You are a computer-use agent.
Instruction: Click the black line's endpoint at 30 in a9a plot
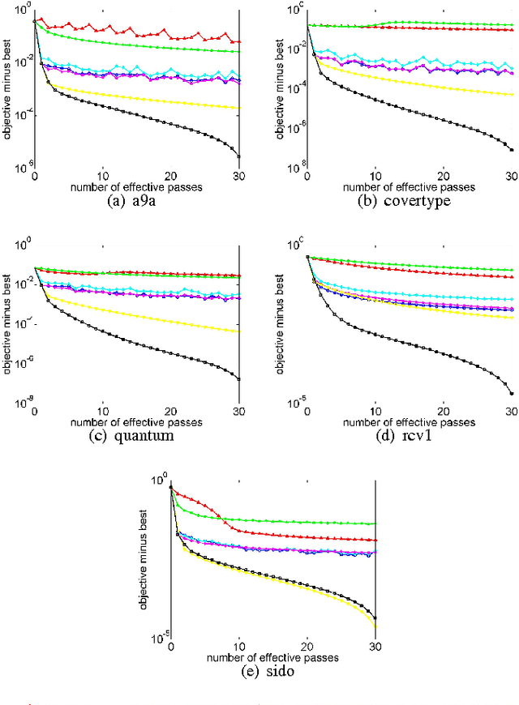point(238,156)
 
